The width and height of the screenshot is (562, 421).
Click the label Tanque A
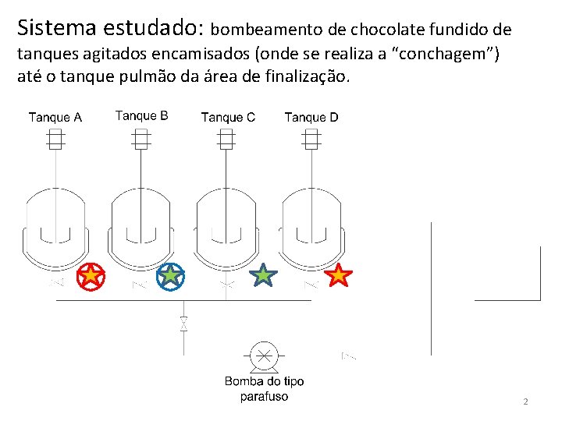[55, 118]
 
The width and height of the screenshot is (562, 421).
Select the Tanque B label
[141, 116]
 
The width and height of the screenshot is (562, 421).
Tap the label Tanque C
[228, 118]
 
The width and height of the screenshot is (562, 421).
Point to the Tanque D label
[311, 118]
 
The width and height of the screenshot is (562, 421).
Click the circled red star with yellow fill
[91, 275]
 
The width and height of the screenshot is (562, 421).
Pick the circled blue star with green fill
[170, 275]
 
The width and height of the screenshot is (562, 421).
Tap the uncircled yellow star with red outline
[338, 274]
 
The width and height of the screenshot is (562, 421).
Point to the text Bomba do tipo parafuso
[265, 389]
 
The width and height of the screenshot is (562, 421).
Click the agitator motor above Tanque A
[55, 140]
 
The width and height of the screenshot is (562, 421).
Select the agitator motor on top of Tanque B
[141, 140]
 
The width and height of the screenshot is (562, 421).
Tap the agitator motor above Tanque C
[226, 140]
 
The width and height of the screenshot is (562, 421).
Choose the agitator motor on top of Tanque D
[311, 140]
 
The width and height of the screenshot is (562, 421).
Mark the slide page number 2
[525, 402]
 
